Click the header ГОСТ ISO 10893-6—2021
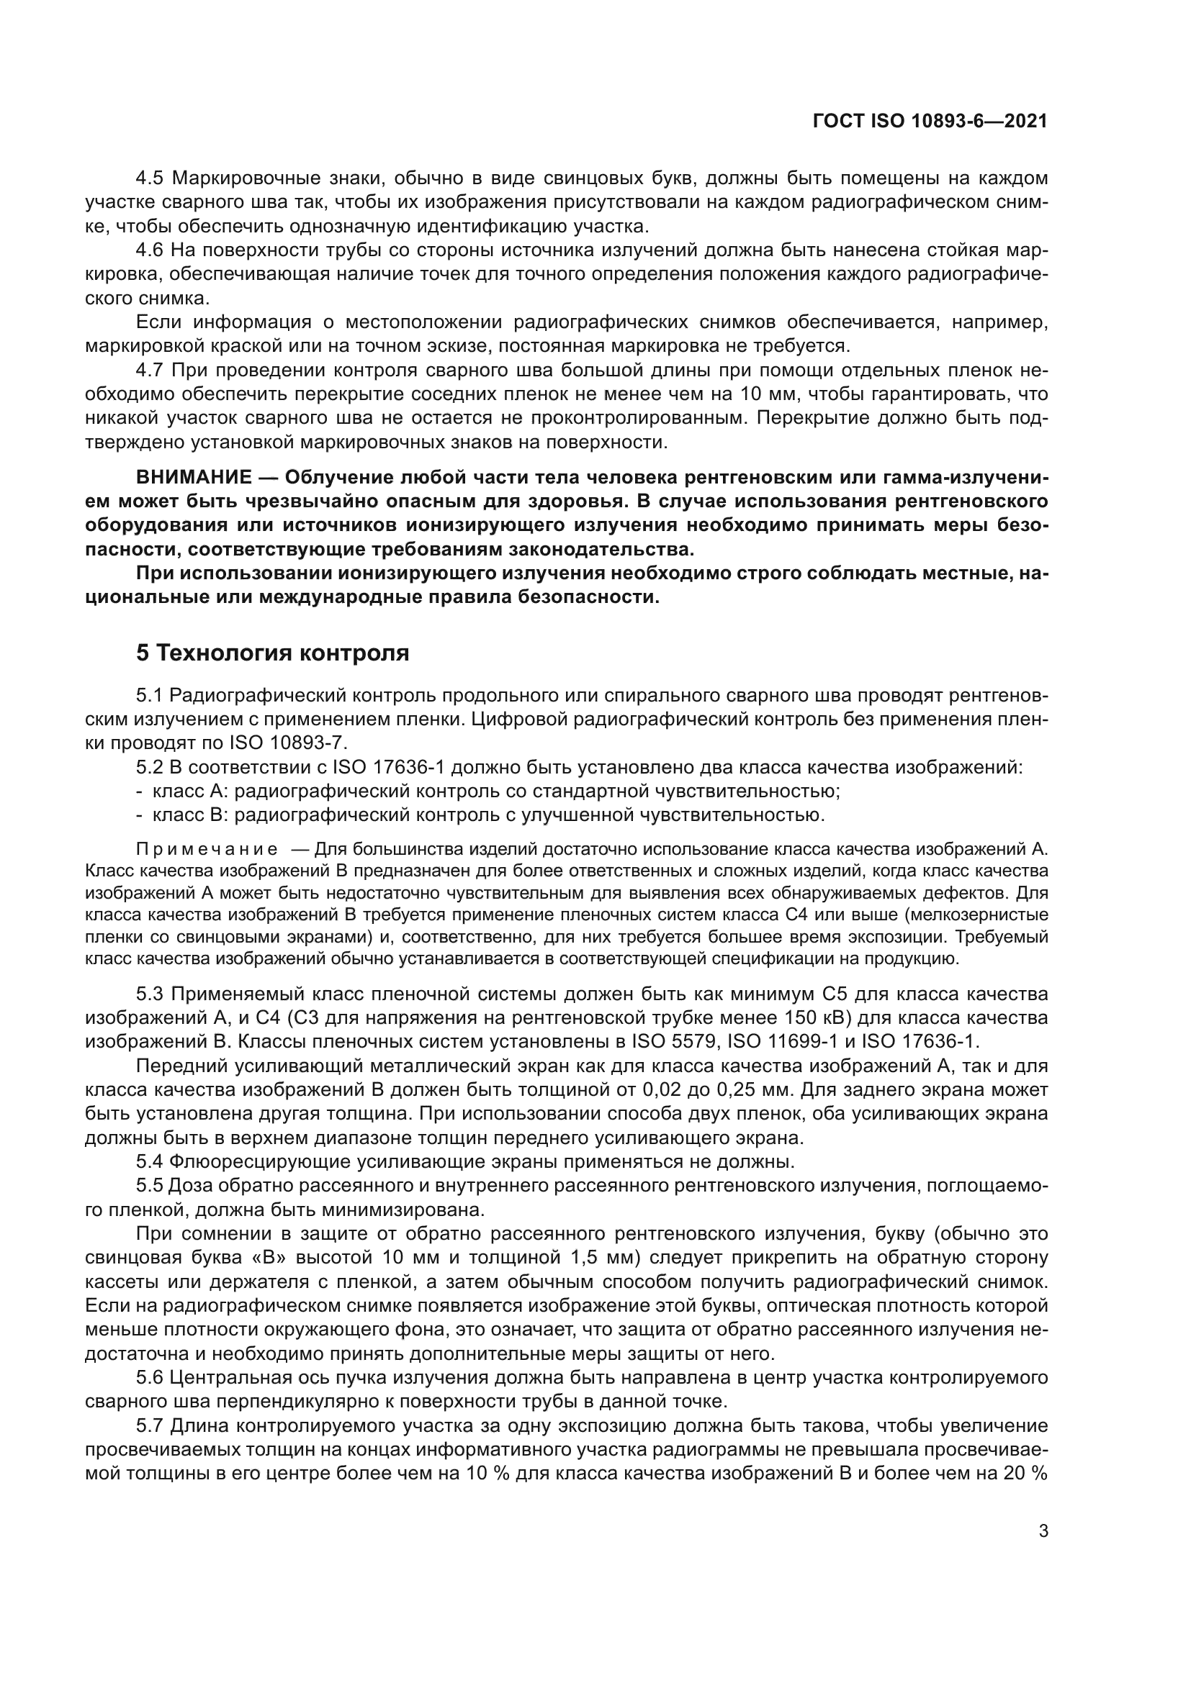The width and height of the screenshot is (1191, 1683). point(930,122)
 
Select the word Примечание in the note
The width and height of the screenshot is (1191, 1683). point(207,850)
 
